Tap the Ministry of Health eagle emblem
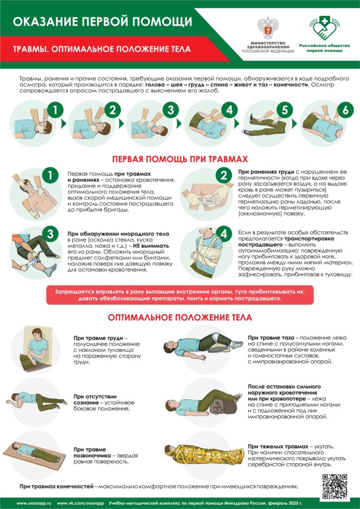(x=268, y=28)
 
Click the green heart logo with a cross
(x=324, y=28)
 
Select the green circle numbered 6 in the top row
(x=346, y=110)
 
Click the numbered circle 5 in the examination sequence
(x=285, y=110)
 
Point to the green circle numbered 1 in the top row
(x=55, y=110)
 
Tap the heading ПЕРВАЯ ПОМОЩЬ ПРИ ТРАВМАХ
(x=180, y=160)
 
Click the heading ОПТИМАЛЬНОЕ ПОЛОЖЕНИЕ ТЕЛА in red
(x=180, y=317)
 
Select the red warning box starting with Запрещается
(x=180, y=295)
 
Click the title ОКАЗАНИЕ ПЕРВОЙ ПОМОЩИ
(x=102, y=22)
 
